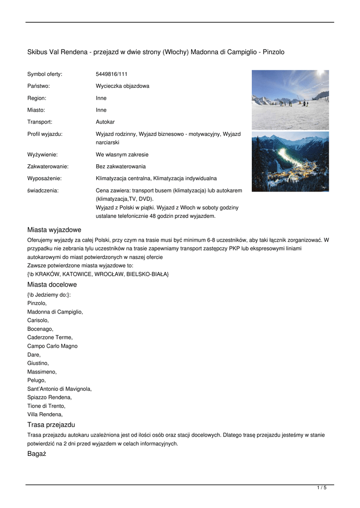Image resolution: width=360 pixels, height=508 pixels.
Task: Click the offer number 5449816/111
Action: tap(111, 74)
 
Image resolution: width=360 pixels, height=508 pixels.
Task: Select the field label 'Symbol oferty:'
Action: tap(45, 74)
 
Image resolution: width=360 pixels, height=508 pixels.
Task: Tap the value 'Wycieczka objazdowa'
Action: tap(122, 86)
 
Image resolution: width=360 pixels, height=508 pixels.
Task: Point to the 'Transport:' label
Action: tap(40, 122)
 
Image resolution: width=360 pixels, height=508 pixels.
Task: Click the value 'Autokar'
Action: tap(105, 122)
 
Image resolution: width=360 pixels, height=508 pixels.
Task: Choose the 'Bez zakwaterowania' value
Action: tap(121, 166)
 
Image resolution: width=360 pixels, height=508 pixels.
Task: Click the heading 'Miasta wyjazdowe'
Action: tap(54, 230)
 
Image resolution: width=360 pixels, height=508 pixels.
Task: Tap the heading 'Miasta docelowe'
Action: tap(52, 285)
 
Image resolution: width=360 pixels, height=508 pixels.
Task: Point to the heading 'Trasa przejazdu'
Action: tap(51, 425)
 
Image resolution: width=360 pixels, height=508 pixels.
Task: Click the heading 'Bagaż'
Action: tap(36, 454)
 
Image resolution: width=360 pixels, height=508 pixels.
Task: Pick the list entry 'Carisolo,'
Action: tap(38, 320)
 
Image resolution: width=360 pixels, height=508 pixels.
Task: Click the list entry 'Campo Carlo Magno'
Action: tap(52, 346)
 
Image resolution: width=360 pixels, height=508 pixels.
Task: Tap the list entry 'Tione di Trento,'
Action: tap(46, 405)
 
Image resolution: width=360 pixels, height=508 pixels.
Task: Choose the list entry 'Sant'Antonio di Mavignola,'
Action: tap(60, 388)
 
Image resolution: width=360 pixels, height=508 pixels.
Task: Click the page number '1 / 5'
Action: tap(322, 488)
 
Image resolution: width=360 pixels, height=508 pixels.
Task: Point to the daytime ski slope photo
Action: tap(290, 99)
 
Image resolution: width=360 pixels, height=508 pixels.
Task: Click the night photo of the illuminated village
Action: tap(290, 161)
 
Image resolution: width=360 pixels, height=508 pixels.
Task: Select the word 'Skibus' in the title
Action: tap(37, 52)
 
